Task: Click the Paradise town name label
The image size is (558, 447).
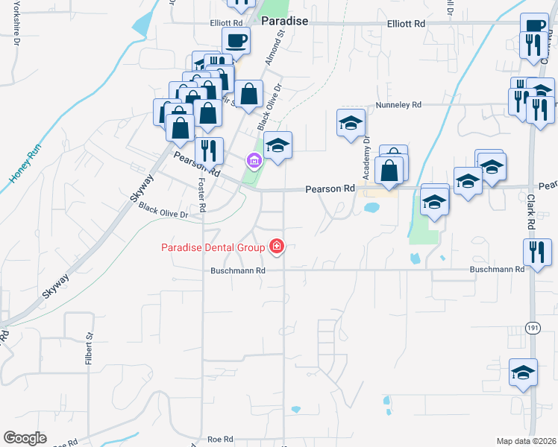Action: [x=284, y=21]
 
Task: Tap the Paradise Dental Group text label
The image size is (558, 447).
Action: [x=213, y=247]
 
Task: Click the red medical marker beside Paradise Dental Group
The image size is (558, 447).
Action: [x=277, y=247]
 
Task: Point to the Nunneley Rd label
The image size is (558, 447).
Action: [x=399, y=105]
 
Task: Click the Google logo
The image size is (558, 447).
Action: [x=25, y=438]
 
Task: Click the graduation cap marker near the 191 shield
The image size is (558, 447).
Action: [x=523, y=371]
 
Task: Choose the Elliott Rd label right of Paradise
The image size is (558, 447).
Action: [x=406, y=24]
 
